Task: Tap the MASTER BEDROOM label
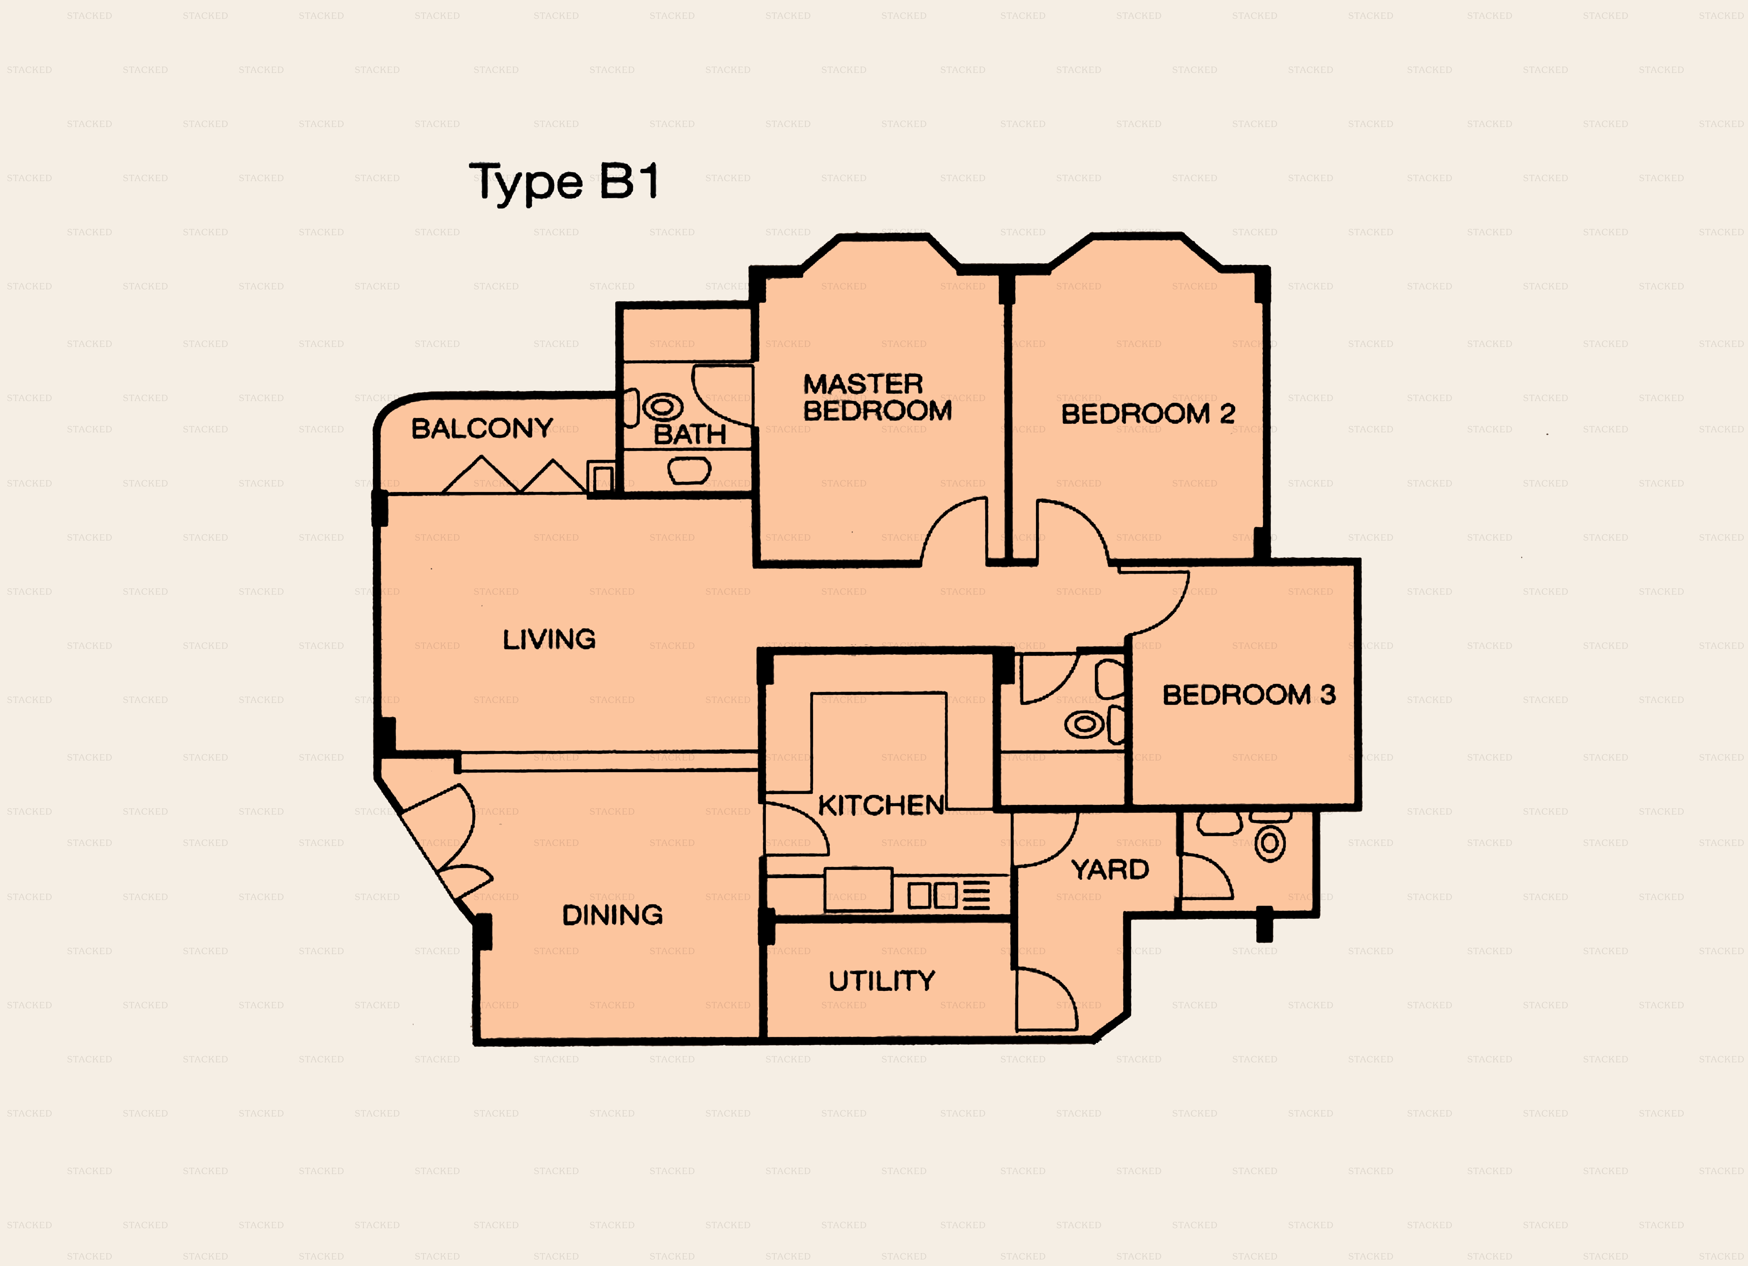pos(877,397)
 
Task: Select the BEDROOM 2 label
pos(1148,414)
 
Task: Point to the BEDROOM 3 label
pos(1249,695)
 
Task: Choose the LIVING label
pos(549,639)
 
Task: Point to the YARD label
pos(1110,870)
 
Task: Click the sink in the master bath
pos(689,470)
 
